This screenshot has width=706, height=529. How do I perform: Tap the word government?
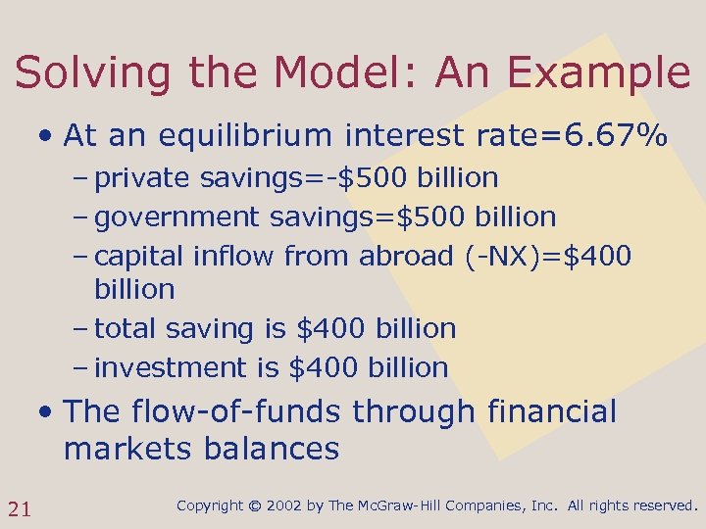[x=177, y=217]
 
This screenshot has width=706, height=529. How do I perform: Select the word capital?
[x=140, y=257]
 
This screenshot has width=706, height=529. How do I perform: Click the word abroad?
[x=405, y=257]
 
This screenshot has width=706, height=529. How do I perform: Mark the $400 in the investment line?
[x=324, y=368]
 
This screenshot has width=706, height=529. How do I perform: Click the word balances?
[x=272, y=450]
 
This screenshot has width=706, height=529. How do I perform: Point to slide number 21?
[x=19, y=507]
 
